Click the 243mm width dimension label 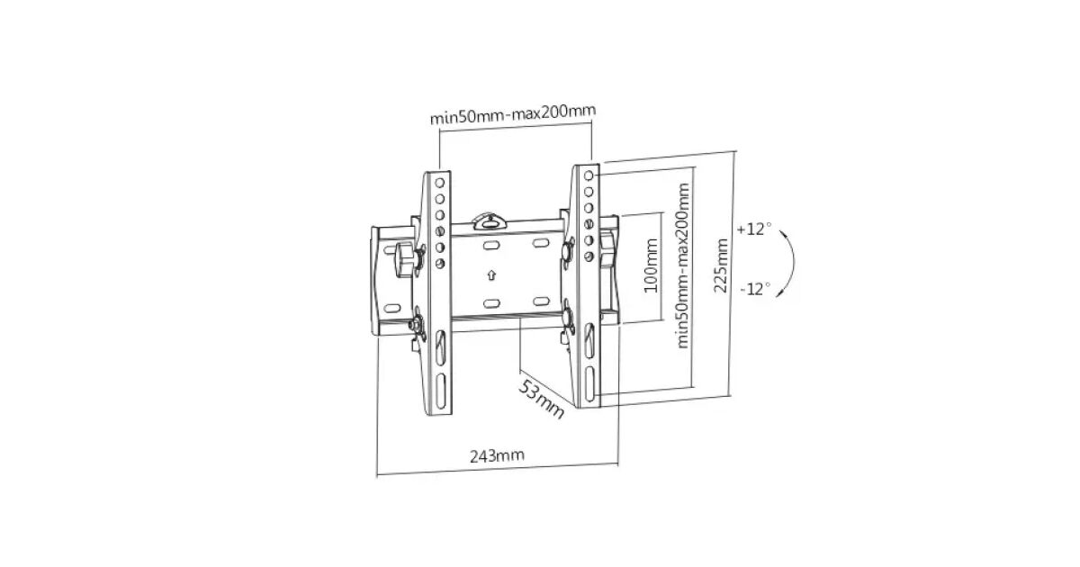tap(497, 455)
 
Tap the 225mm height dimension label tap(721, 265)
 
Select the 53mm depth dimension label tap(541, 400)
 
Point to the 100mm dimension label tap(651, 265)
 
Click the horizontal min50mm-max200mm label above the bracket tap(513, 113)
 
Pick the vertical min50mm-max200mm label tap(683, 265)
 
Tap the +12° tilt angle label tap(753, 229)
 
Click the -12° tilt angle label tap(755, 289)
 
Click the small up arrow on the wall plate tap(491, 275)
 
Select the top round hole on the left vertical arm tap(440, 183)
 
